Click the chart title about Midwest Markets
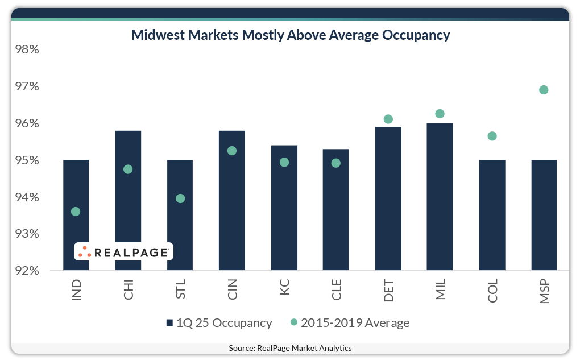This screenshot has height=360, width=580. [291, 35]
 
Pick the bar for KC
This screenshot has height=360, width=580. [284, 210]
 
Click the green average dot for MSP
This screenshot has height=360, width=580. [544, 90]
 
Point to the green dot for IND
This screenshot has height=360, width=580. [76, 212]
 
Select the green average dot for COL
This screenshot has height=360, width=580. [492, 136]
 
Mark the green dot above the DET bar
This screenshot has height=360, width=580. [388, 119]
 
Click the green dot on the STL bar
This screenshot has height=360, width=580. [180, 198]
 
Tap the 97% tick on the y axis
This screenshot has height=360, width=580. [27, 87]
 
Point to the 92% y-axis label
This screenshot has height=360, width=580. [27, 271]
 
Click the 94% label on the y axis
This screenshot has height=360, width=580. [27, 197]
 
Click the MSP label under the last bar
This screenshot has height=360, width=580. [544, 291]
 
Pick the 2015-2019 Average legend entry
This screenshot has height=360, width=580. [350, 323]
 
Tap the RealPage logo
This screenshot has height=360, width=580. [123, 252]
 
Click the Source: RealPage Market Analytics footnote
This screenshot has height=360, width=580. [290, 348]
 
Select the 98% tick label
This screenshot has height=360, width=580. [27, 50]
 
